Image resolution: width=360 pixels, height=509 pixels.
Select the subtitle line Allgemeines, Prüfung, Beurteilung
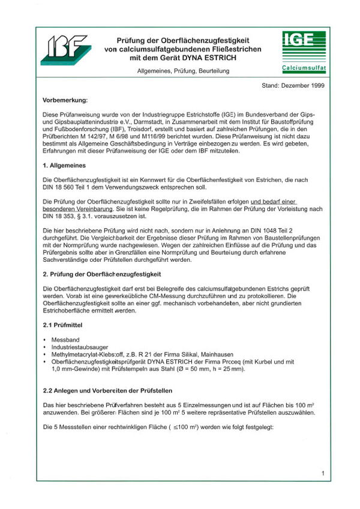[183, 71]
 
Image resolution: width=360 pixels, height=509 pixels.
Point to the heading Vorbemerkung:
[65, 99]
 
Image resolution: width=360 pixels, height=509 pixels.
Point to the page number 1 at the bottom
[323, 474]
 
